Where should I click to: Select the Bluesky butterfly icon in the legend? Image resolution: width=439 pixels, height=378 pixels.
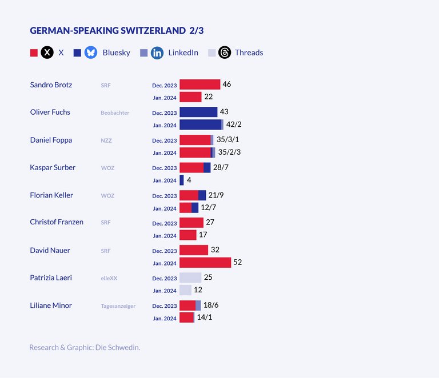(x=91, y=53)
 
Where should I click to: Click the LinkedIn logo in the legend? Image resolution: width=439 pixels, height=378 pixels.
(x=157, y=53)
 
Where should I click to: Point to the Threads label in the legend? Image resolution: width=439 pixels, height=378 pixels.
(x=249, y=53)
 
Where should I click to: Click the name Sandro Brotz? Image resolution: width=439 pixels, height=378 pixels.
(x=51, y=85)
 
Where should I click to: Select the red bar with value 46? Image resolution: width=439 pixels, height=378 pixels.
(x=199, y=85)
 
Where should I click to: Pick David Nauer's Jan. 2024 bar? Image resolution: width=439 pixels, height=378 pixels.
(x=205, y=263)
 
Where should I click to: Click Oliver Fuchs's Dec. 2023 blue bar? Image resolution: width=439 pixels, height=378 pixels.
(x=198, y=112)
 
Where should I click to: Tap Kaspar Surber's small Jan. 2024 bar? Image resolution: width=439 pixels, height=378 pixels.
(x=182, y=180)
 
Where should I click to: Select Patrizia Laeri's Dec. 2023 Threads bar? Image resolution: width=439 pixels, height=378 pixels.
(x=190, y=278)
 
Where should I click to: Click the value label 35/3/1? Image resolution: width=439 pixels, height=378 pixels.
(x=228, y=139)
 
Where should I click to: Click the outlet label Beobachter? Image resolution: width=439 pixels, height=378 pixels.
(x=115, y=112)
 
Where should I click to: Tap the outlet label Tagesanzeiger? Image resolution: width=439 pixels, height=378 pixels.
(x=118, y=306)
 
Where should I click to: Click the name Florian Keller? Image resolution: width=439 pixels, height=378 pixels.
(x=51, y=195)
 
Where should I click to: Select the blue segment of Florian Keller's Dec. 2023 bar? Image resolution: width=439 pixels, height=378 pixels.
(x=202, y=195)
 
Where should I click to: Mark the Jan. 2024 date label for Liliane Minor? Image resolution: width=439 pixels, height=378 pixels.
(x=165, y=318)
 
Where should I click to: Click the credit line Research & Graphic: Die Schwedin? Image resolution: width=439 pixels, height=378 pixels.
(x=85, y=347)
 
